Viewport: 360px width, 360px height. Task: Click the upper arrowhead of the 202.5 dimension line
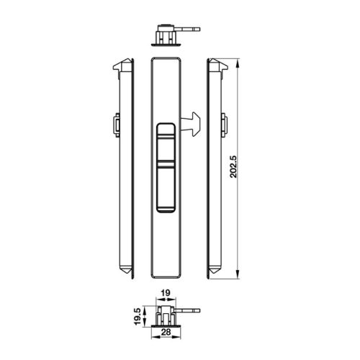pos(237,63)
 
